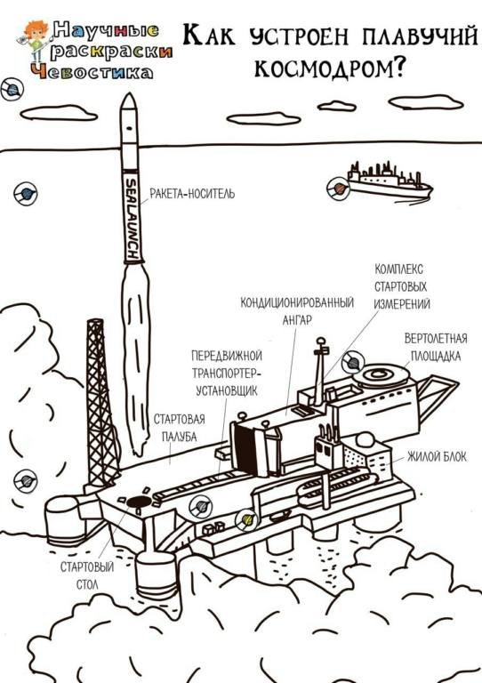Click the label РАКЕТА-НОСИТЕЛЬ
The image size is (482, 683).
click(192, 193)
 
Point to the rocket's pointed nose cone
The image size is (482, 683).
click(128, 101)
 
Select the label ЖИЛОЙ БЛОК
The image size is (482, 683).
click(437, 456)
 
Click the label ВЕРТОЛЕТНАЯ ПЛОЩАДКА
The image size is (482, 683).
click(436, 347)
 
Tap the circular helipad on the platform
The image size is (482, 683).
click(381, 375)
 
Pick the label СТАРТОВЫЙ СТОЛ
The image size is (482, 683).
click(87, 576)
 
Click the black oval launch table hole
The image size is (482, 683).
click(139, 502)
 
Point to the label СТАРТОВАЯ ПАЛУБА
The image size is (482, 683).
click(179, 428)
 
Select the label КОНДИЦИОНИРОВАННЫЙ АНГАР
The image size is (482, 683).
click(297, 311)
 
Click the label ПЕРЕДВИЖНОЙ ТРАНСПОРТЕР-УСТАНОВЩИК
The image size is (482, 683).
click(227, 374)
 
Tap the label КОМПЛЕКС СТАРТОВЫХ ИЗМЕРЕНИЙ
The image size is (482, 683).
click(402, 286)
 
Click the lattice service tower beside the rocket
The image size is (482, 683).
click(101, 403)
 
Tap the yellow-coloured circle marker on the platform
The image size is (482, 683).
click(246, 520)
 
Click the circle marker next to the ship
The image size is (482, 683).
click(338, 189)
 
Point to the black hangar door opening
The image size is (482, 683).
click(245, 448)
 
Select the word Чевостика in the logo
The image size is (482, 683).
click(92, 72)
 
